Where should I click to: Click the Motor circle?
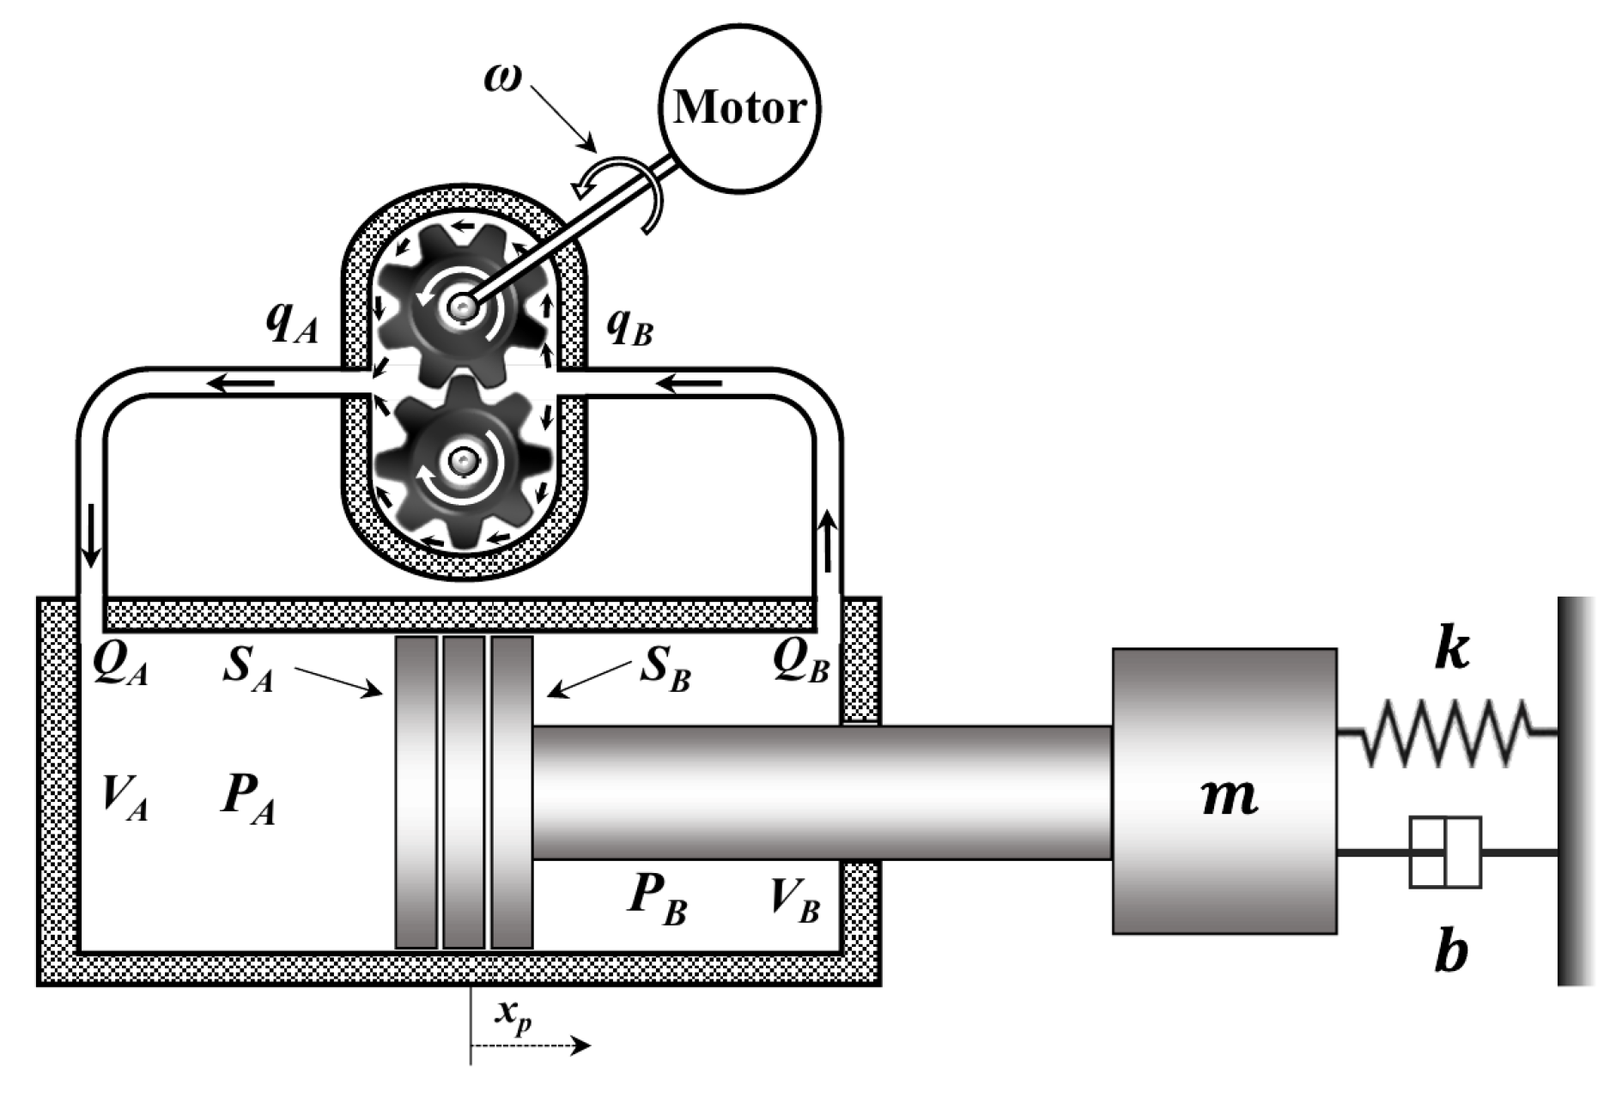(738, 107)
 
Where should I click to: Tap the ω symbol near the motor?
(502, 78)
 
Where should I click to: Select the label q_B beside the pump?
(630, 326)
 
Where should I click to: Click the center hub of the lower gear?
(464, 462)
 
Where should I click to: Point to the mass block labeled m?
(1224, 791)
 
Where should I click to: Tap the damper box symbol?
(1446, 852)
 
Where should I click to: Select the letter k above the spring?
(1451, 650)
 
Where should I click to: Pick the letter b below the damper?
(1451, 950)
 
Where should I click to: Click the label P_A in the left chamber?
(248, 797)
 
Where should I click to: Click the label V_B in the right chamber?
(794, 899)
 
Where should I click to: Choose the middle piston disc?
(464, 792)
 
